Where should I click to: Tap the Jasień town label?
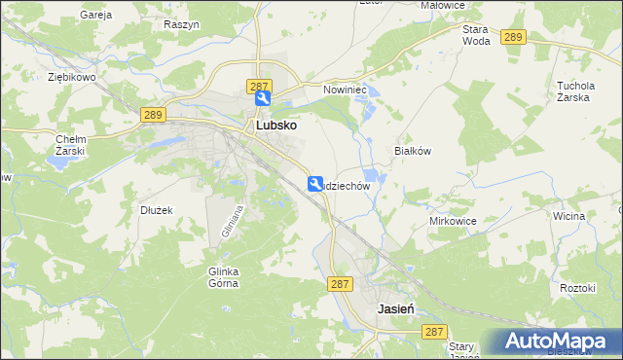tap(396, 307)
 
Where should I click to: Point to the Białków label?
tap(412, 151)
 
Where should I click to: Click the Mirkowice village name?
tap(453, 221)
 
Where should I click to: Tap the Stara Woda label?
tap(476, 36)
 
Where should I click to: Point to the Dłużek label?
tap(156, 209)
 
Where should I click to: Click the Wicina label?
tap(567, 216)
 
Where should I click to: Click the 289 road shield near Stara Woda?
tap(515, 37)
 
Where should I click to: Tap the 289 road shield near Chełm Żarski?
tap(152, 115)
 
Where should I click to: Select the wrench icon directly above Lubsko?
tap(263, 99)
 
